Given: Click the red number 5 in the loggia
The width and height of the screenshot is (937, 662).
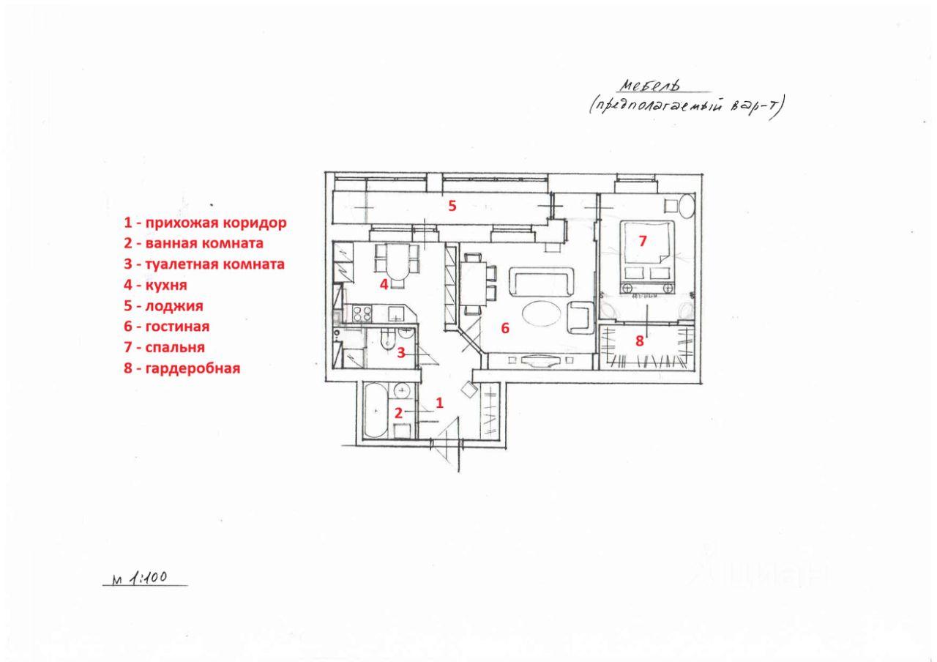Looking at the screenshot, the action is [x=452, y=206].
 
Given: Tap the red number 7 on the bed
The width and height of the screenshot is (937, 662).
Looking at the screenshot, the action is [x=643, y=241].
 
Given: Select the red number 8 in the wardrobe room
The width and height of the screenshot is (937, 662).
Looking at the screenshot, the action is [x=639, y=341].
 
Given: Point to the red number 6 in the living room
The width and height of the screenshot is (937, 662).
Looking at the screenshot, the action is [x=505, y=328].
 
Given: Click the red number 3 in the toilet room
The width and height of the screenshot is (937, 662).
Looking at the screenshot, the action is [x=400, y=353].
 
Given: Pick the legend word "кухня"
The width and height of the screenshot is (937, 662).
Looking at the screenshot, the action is [x=166, y=285].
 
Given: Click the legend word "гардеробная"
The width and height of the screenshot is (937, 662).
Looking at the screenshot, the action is [x=193, y=368].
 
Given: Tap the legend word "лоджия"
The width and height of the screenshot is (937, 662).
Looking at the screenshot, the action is [x=174, y=306].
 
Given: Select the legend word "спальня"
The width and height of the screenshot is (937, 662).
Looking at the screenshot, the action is [x=175, y=347].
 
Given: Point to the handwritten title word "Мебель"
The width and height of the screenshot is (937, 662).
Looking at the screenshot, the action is [x=649, y=86].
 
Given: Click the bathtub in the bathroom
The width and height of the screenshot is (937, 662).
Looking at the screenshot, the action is [x=376, y=410].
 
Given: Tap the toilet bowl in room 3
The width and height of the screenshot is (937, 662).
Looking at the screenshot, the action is [x=386, y=341].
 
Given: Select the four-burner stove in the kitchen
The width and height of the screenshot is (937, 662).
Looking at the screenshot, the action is [x=362, y=314].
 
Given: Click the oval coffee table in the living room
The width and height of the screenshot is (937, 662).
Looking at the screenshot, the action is [x=542, y=314].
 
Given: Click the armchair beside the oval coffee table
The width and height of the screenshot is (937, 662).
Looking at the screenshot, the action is [x=581, y=318].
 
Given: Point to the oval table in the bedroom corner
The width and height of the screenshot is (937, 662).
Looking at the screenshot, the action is [x=687, y=205].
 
